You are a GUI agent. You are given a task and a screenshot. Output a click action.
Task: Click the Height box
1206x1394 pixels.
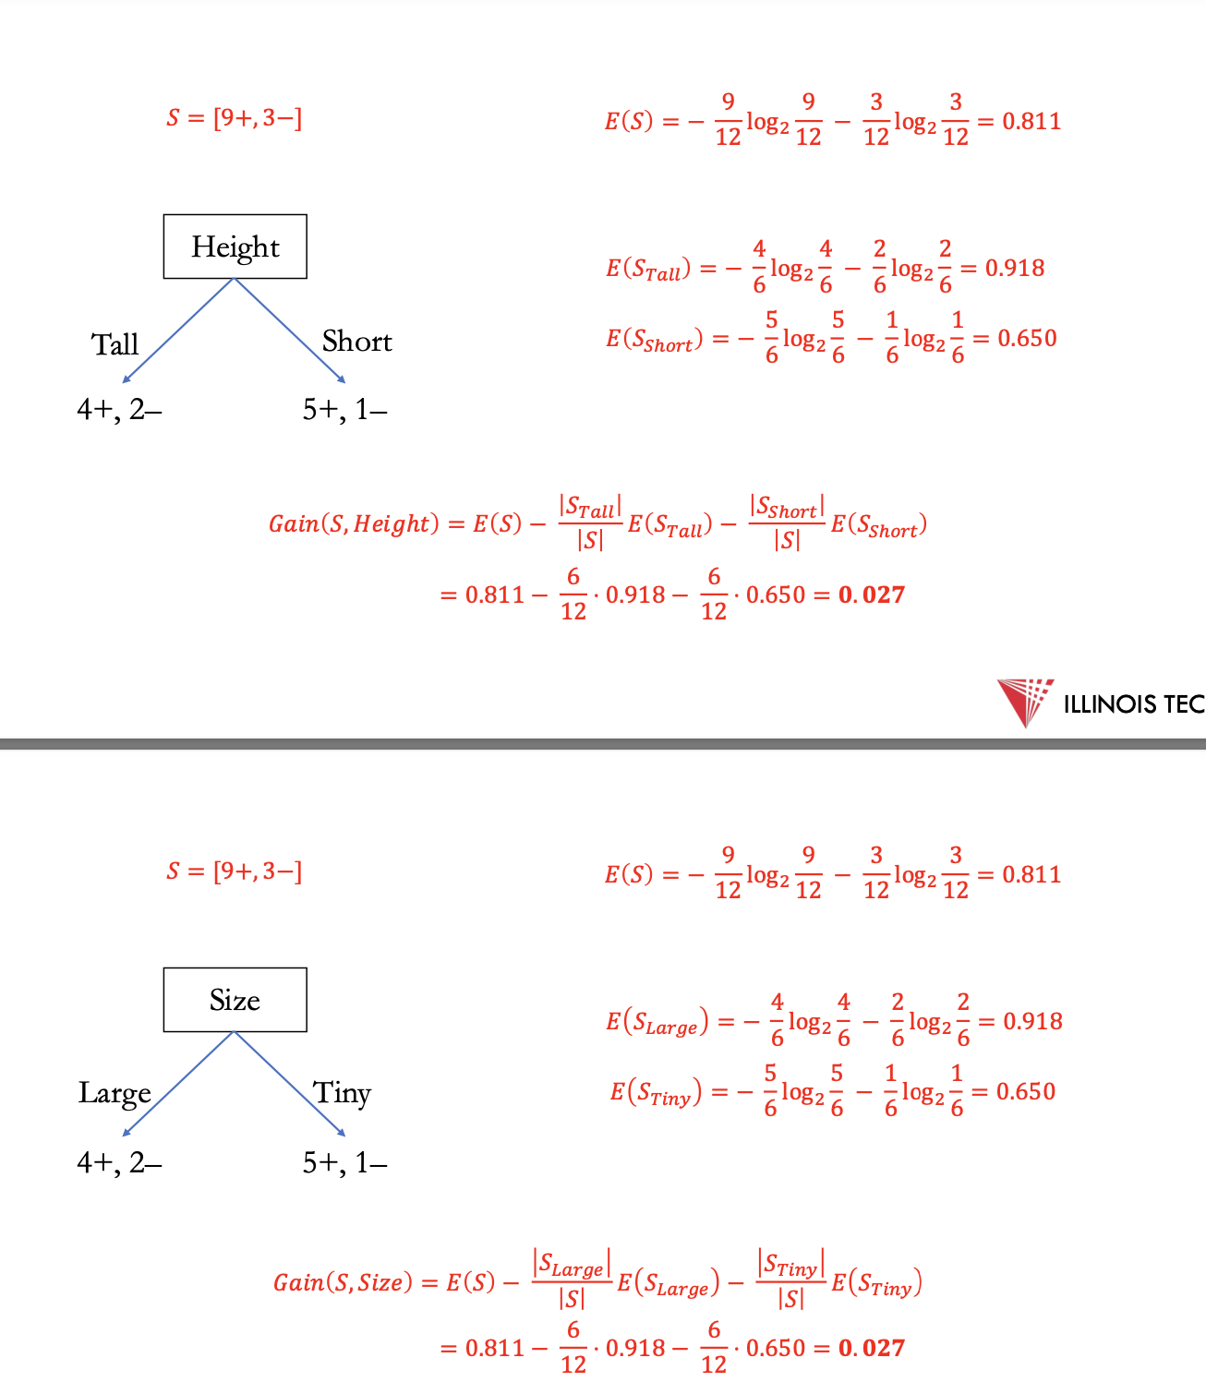(235, 246)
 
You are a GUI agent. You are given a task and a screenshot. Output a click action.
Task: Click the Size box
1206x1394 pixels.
(235, 1000)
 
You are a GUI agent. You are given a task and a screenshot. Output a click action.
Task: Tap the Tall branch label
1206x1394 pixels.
(115, 344)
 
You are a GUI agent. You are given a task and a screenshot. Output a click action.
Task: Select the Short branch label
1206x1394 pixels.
(356, 342)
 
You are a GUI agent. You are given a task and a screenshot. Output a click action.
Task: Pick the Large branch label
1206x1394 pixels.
(115, 1093)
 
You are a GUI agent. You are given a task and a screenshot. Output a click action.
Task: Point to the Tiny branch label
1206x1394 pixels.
(342, 1093)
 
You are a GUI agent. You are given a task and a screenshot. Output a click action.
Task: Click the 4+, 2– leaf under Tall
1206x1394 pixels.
(119, 409)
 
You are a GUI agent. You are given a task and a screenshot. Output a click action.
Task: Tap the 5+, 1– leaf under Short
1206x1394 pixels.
(344, 409)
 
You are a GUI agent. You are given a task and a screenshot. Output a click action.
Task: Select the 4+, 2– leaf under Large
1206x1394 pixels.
(119, 1162)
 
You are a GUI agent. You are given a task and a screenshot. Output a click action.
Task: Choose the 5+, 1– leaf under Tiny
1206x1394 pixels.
(344, 1162)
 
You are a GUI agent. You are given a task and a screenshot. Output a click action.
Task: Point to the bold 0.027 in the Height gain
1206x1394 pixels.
(871, 595)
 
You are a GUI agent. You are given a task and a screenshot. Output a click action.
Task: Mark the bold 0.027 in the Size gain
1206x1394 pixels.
(871, 1348)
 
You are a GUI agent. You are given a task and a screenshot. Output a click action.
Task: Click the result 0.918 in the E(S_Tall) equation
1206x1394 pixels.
(1014, 268)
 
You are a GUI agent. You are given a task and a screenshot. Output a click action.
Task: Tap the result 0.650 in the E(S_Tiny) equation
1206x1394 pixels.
(1025, 1091)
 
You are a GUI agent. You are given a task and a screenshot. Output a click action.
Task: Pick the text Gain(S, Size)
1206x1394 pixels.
(343, 1282)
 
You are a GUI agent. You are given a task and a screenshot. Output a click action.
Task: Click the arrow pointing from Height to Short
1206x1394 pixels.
(290, 330)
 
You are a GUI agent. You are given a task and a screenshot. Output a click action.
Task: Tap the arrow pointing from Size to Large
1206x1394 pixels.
(178, 1084)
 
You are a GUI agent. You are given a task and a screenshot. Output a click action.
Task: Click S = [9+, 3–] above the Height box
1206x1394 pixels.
(234, 118)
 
